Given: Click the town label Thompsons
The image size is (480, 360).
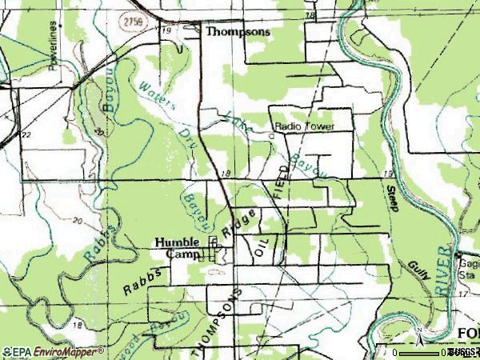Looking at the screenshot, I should click(x=238, y=33).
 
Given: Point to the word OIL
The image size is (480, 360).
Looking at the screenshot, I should click(x=260, y=246).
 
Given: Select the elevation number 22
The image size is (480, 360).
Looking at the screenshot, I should click(x=26, y=134).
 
